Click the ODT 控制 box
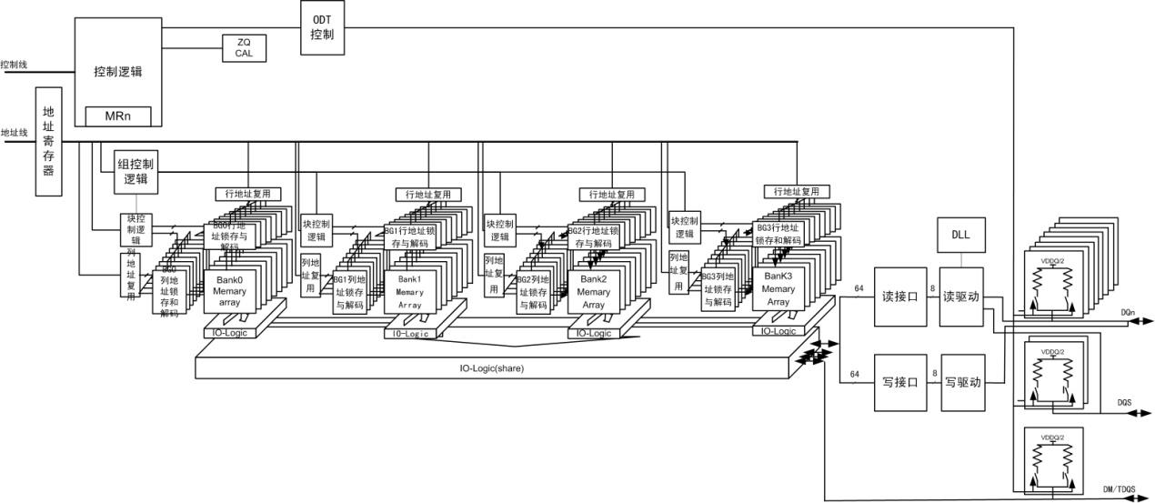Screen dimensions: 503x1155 click(x=322, y=26)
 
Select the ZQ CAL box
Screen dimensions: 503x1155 click(x=244, y=47)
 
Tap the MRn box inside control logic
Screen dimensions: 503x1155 click(x=118, y=116)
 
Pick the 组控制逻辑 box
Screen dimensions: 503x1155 click(x=136, y=173)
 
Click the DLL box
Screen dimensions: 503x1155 click(x=959, y=235)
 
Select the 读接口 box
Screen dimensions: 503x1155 click(x=899, y=296)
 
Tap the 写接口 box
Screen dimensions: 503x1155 click(x=899, y=382)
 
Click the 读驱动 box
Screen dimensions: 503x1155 click(x=961, y=296)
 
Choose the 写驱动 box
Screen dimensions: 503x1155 click(x=961, y=382)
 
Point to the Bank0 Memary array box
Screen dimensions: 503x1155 click(x=230, y=289)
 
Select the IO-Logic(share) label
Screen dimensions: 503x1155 click(x=491, y=368)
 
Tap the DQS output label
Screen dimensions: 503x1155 click(x=1123, y=402)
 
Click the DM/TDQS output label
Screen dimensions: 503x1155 click(x=1119, y=489)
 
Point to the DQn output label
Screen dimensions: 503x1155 click(x=1128, y=313)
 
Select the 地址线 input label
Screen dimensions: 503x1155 click(x=15, y=132)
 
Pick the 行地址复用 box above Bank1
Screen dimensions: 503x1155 click(x=427, y=195)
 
